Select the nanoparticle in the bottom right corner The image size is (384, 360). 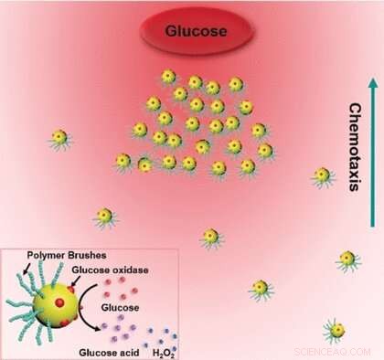tap(336, 328)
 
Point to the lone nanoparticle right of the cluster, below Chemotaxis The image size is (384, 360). tap(322, 175)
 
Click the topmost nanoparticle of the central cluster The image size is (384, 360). tap(167, 77)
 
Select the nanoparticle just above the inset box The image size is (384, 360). tap(104, 217)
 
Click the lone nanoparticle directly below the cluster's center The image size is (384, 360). tap(211, 236)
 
